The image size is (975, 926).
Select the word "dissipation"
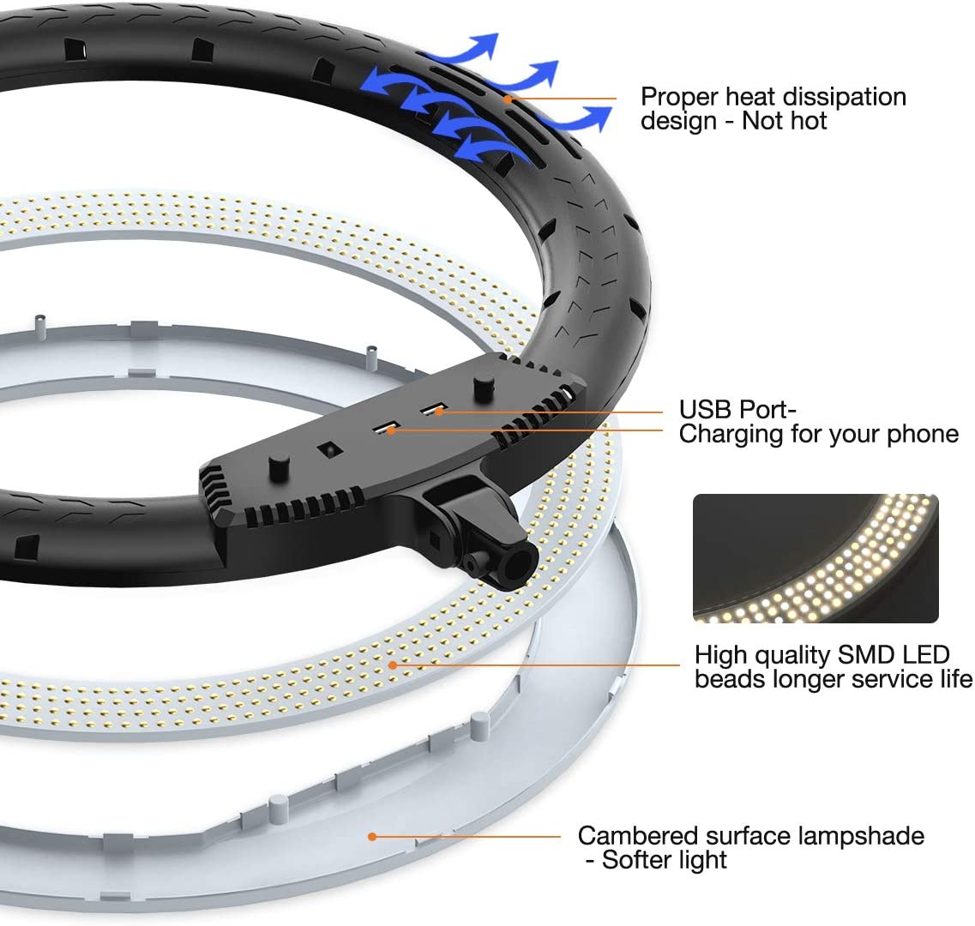(x=852, y=97)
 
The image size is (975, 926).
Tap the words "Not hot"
(x=785, y=121)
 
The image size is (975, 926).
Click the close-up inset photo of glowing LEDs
(x=816, y=558)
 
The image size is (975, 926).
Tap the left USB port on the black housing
(x=383, y=425)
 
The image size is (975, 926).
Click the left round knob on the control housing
(x=278, y=464)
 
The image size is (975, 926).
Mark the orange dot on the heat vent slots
(x=508, y=99)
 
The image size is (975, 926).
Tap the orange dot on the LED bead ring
(x=393, y=664)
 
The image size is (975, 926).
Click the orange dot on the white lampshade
(x=372, y=836)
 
